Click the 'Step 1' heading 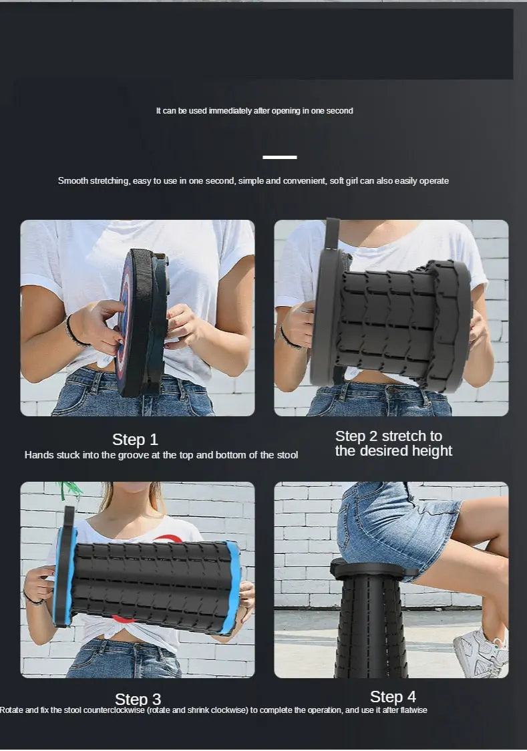pos(135,440)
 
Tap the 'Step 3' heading pos(138,699)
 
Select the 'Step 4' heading pos(393,697)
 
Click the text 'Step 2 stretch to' pos(388,436)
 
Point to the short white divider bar pos(280,157)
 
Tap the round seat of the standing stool pos(367,569)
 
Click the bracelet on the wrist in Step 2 pos(289,339)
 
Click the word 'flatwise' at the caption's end pos(411,710)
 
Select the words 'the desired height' pos(393,451)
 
